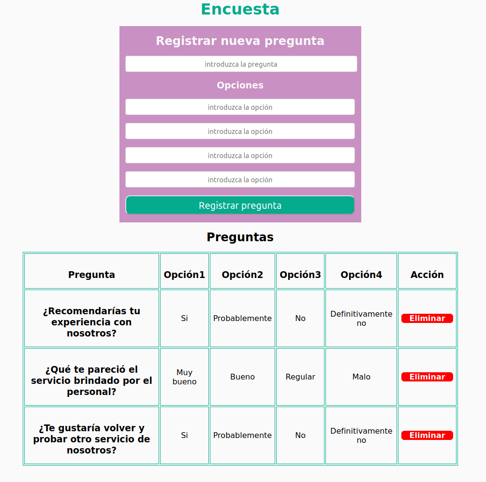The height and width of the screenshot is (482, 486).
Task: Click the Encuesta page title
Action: pyautogui.click(x=240, y=9)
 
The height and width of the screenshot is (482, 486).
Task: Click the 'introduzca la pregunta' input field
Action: pyautogui.click(x=241, y=64)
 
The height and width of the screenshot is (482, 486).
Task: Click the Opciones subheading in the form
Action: pyautogui.click(x=240, y=85)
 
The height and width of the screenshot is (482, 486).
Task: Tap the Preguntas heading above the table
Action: pyautogui.click(x=240, y=237)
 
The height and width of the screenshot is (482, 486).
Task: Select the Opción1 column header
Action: pyautogui.click(x=184, y=275)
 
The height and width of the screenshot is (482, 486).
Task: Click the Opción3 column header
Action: pyautogui.click(x=300, y=275)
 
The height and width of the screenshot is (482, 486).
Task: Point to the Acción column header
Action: pyautogui.click(x=427, y=275)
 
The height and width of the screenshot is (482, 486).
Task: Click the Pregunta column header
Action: pyautogui.click(x=91, y=275)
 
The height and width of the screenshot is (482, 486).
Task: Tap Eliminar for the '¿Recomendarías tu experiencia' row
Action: pyautogui.click(x=427, y=318)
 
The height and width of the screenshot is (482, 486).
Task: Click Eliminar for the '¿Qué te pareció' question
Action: pyautogui.click(x=427, y=377)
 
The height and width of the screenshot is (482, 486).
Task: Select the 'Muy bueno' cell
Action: pyautogui.click(x=184, y=377)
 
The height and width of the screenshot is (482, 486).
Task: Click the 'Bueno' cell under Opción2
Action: pyautogui.click(x=242, y=377)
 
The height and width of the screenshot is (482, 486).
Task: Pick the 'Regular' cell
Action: pyautogui.click(x=300, y=377)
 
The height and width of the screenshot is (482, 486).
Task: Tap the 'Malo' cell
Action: pyautogui.click(x=361, y=377)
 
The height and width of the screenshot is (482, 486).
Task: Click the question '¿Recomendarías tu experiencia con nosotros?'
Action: pyautogui.click(x=91, y=322)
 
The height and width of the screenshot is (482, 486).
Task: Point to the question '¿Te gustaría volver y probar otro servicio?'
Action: pyautogui.click(x=91, y=439)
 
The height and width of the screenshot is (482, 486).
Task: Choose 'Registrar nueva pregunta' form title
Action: pyautogui.click(x=240, y=41)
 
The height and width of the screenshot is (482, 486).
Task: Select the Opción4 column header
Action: pyautogui.click(x=361, y=275)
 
